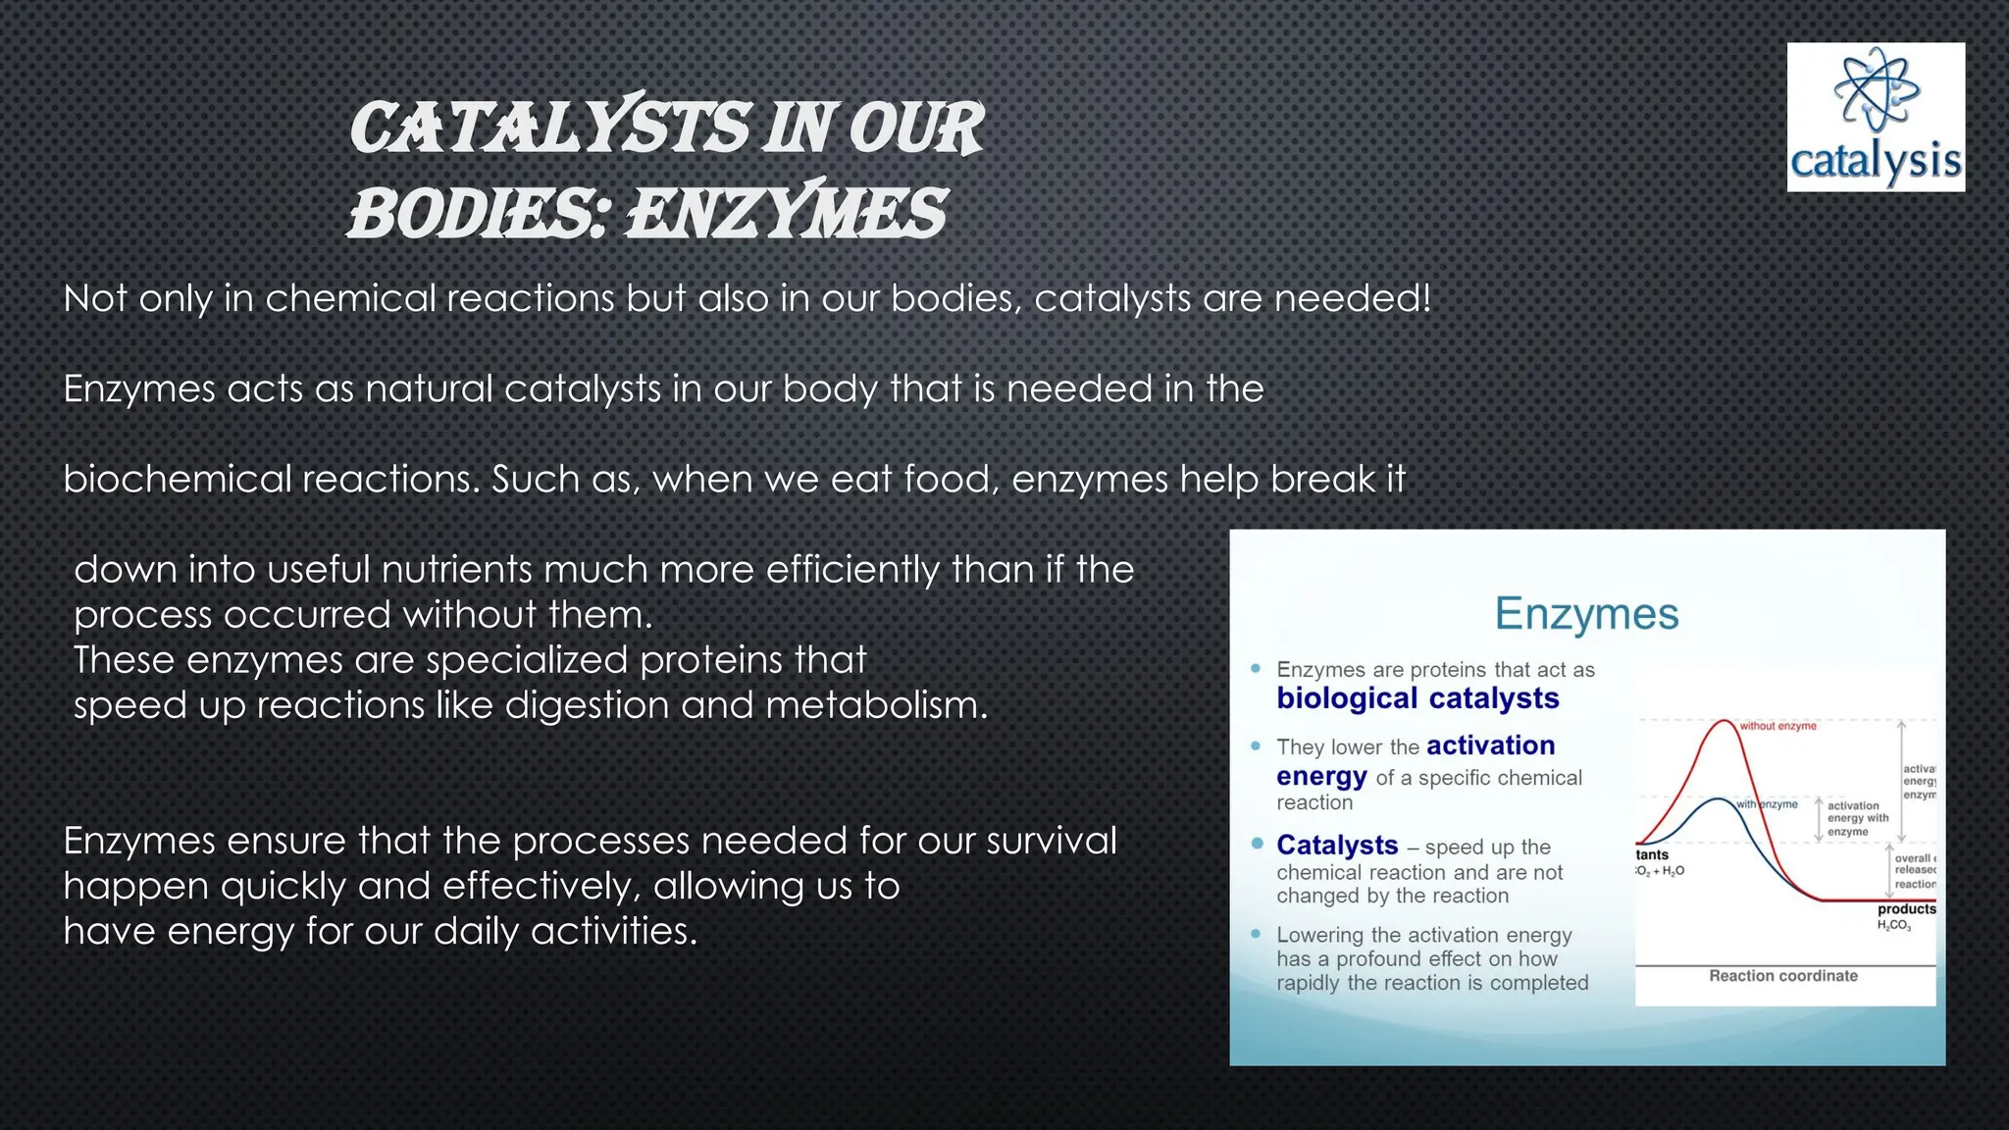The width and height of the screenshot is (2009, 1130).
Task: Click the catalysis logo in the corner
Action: pos(1875,117)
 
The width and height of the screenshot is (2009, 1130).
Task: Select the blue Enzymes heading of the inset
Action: pos(1586,614)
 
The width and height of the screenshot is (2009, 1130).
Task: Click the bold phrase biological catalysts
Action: pos(1417,698)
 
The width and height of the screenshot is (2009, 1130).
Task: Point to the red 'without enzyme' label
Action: pos(1777,726)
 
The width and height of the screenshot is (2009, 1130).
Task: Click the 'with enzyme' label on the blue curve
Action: pos(1768,804)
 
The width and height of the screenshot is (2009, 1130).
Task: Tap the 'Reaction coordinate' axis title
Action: pos(1782,976)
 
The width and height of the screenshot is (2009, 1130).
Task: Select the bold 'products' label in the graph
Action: pos(1906,909)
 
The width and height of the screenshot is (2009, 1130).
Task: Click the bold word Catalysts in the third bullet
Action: pos(1337,845)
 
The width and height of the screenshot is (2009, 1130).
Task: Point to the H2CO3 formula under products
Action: pos(1894,926)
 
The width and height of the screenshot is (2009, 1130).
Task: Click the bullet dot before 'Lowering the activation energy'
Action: pos(1256,934)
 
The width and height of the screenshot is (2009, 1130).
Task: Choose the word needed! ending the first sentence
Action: pos(1353,298)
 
